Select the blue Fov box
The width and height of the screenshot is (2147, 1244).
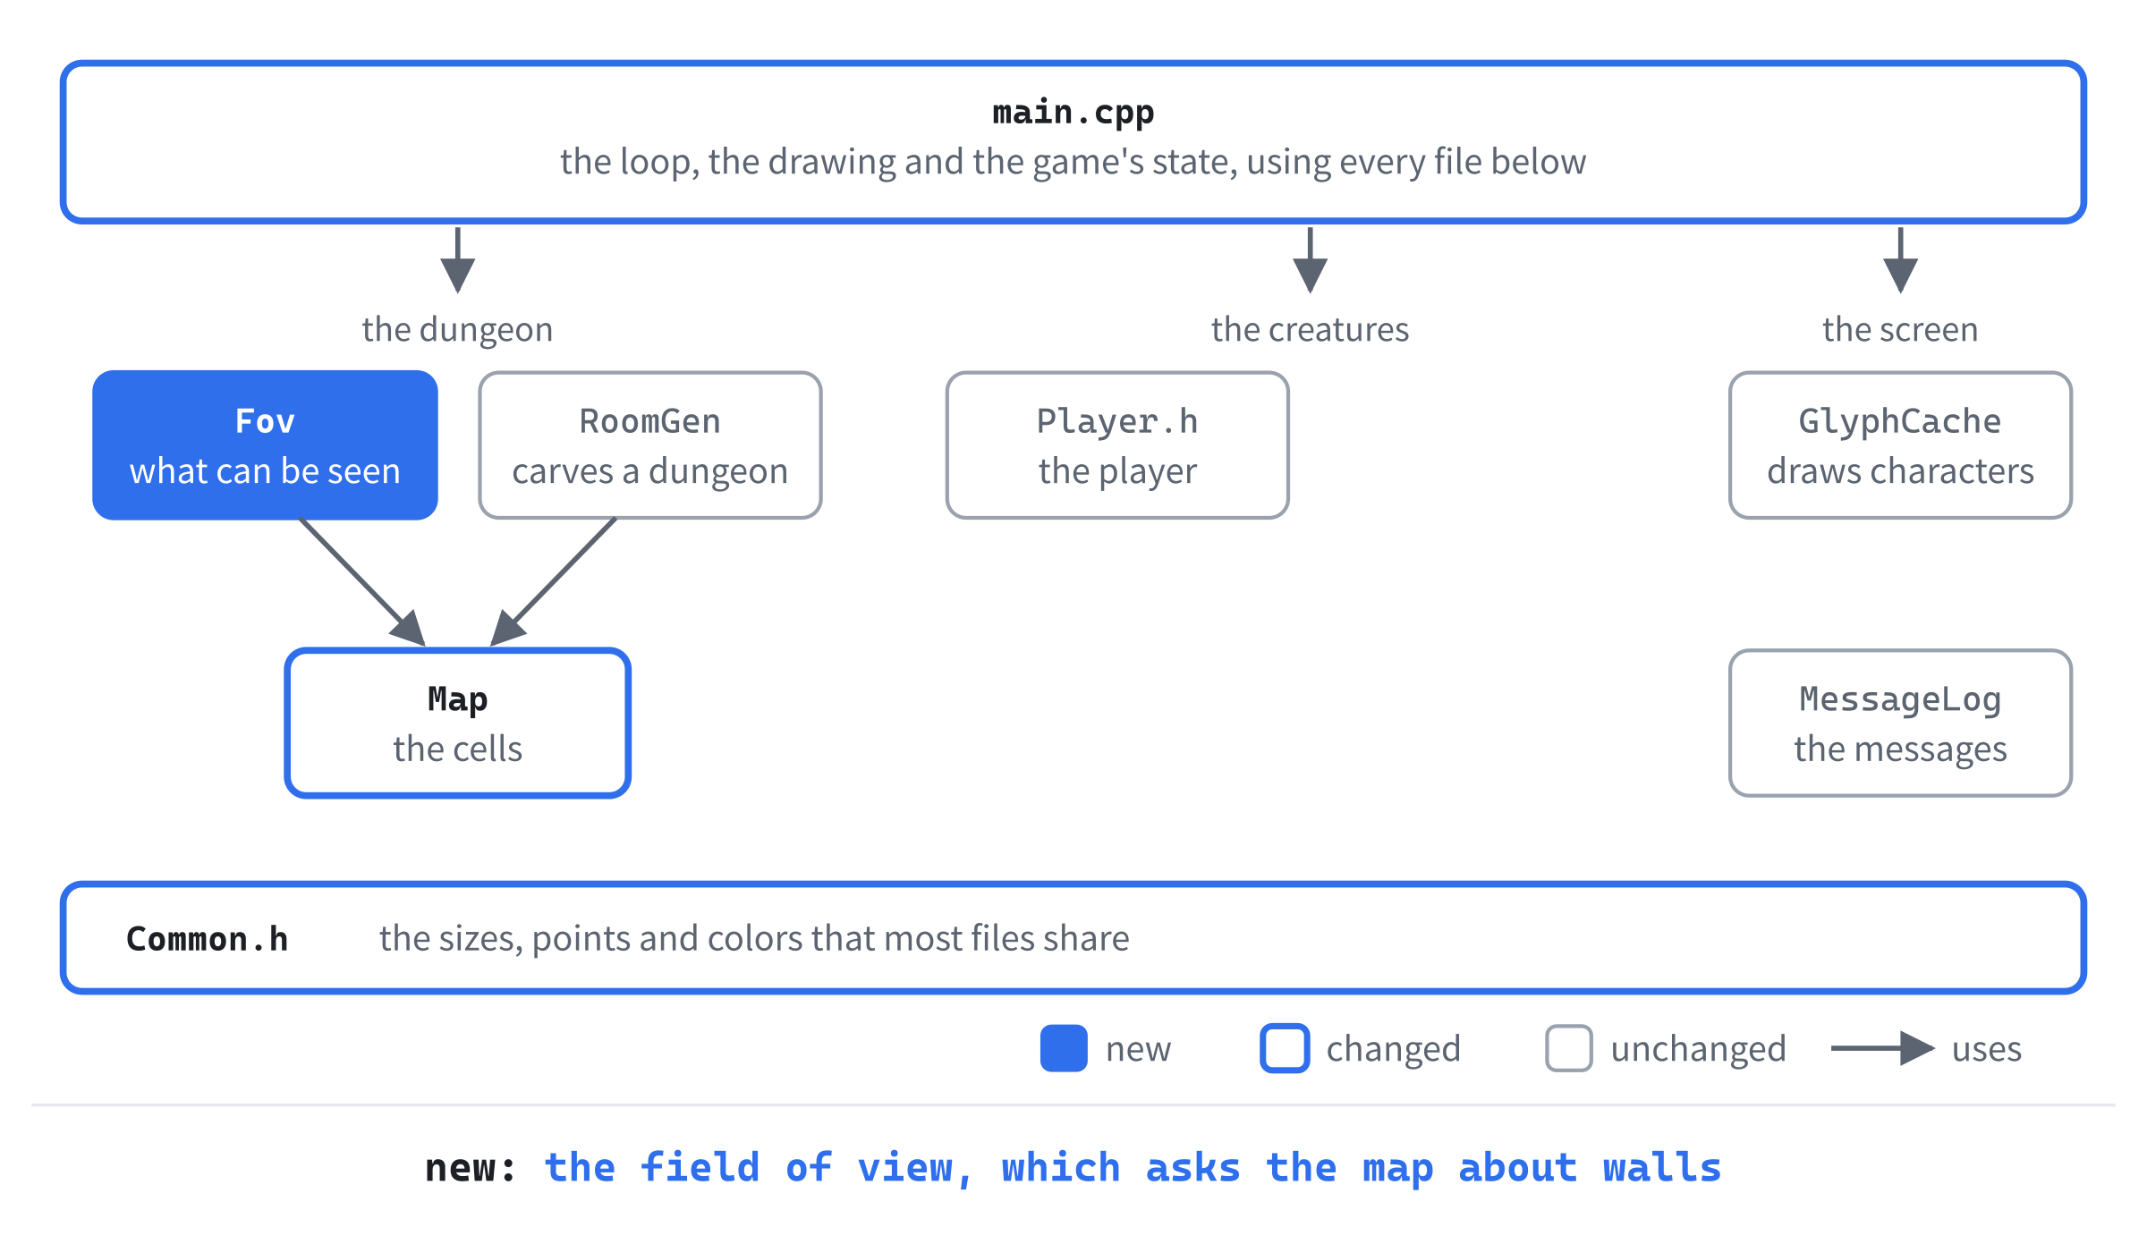click(x=265, y=445)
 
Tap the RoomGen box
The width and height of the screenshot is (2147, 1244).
click(x=650, y=445)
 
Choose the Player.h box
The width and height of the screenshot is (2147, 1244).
click(x=1117, y=445)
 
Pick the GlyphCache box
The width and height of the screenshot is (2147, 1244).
click(x=1900, y=445)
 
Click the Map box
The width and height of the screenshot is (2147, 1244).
click(x=457, y=723)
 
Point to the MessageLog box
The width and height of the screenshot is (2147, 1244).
click(x=1900, y=723)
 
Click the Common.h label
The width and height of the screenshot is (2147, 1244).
click(x=208, y=939)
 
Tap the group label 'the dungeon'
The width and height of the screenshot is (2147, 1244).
click(x=457, y=330)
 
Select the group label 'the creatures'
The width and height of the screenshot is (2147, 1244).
click(x=1310, y=330)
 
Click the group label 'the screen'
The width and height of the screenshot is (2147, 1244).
click(x=1900, y=330)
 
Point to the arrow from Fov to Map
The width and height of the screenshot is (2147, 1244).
click(x=362, y=582)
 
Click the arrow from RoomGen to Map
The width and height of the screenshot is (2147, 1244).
click(x=553, y=582)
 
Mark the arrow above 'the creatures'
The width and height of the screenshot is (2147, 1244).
click(x=1310, y=260)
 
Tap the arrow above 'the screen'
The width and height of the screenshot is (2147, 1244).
click(x=1900, y=260)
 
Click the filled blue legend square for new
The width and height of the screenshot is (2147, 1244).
click(x=1064, y=1048)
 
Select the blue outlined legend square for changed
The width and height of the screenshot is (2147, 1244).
click(x=1285, y=1048)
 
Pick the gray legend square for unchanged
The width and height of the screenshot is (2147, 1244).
click(x=1568, y=1048)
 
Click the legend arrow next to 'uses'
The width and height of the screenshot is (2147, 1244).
click(x=1883, y=1048)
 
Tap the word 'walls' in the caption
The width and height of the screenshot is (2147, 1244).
click(x=1662, y=1168)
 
